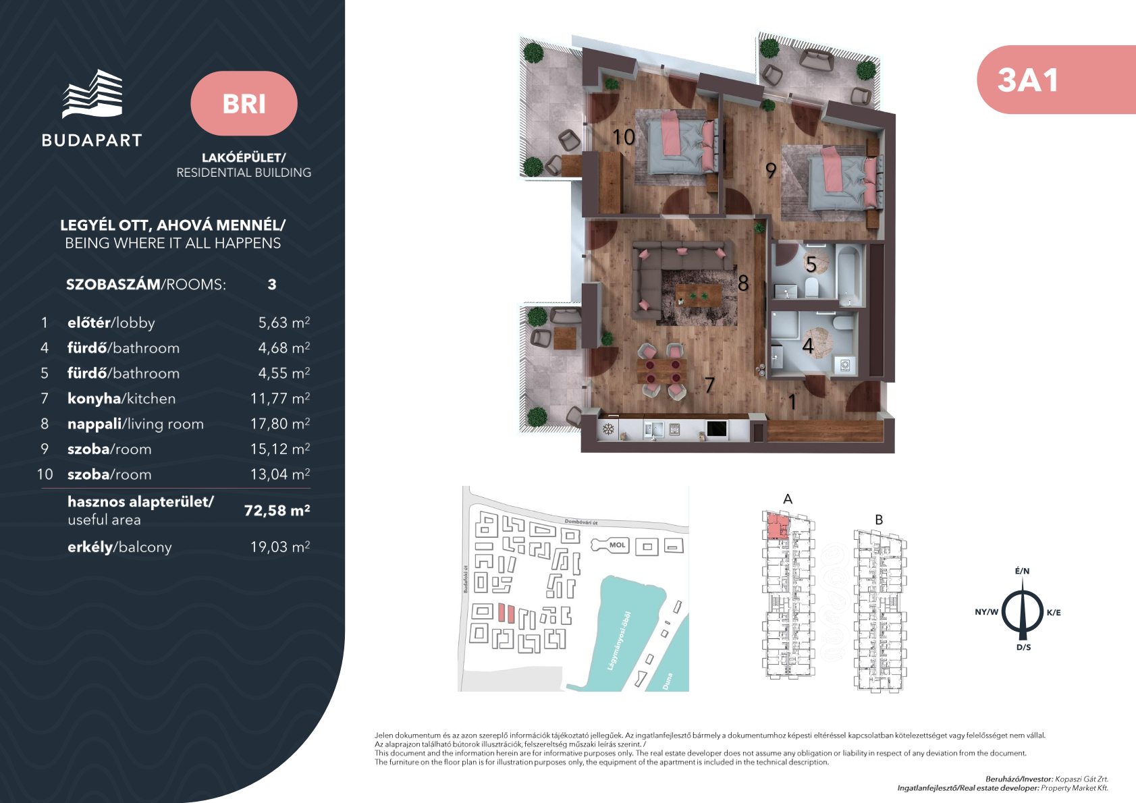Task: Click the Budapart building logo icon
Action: click(92, 94)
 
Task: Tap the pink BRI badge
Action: click(244, 103)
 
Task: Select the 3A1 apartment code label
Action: click(1027, 80)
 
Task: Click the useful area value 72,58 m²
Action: click(277, 510)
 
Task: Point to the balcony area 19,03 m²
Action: click(280, 547)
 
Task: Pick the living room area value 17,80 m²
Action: click(280, 423)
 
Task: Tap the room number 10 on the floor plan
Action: click(623, 137)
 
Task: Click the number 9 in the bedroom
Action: click(771, 171)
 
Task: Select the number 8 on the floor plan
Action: click(743, 283)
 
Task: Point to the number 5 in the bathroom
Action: click(811, 264)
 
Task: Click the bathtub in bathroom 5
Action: click(849, 276)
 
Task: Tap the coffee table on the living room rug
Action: click(699, 294)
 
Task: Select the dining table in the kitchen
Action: click(661, 371)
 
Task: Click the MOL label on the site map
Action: click(617, 545)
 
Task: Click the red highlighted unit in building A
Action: click(776, 526)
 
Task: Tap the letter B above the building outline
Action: click(879, 520)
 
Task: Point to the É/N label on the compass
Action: click(1022, 571)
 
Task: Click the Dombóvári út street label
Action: click(581, 522)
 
